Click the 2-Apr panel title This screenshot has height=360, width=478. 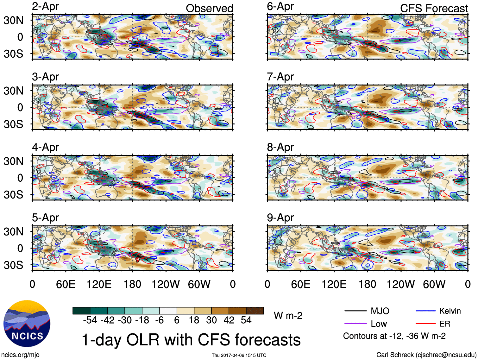[45, 7]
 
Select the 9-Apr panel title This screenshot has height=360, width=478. [280, 218]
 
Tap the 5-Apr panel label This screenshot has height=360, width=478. [45, 218]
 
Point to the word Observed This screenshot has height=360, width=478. [209, 9]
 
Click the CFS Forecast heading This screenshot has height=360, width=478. [434, 9]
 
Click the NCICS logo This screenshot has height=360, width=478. [27, 323]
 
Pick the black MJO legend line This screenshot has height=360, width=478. [355, 311]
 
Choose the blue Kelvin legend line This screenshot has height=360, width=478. [425, 311]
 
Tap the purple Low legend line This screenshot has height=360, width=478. [355, 324]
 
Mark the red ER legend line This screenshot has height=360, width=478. [425, 324]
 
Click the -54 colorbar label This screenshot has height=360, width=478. [90, 320]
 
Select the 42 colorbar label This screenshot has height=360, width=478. [229, 320]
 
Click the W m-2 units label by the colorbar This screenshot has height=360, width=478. [288, 316]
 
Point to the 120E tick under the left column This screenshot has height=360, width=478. [99, 284]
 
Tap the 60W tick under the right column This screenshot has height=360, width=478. [434, 284]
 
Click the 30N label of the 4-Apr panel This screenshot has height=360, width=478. [14, 161]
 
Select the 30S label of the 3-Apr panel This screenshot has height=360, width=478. [14, 124]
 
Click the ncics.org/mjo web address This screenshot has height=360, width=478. [20, 355]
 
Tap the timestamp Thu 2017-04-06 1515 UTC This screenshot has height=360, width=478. [239, 355]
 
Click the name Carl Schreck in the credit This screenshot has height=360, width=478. [395, 355]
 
